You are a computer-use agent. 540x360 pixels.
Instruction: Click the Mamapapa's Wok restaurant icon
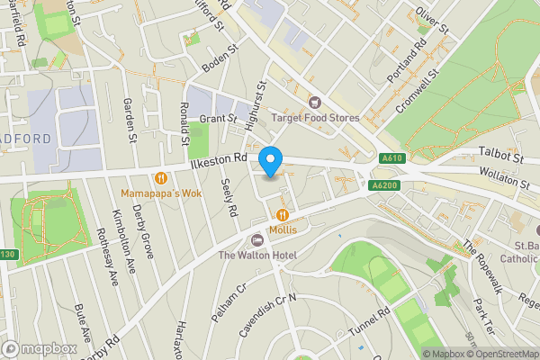(161, 177)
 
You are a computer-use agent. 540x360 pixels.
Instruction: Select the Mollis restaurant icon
(283, 214)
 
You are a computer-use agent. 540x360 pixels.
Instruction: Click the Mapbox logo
(39, 348)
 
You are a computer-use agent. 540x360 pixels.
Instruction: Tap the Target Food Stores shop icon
(315, 102)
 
